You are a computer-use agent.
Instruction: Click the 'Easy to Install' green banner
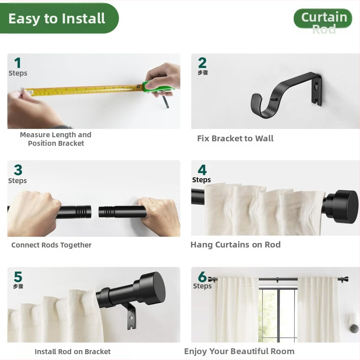59,18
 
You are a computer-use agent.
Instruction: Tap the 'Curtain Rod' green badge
323,19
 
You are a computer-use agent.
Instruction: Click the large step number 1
18,63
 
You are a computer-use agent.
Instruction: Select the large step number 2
202,63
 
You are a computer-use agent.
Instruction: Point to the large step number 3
18,170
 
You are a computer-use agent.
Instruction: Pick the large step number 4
202,170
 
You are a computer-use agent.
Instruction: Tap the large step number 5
18,277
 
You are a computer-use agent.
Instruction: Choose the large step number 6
202,277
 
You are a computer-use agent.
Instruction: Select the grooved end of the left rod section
84,211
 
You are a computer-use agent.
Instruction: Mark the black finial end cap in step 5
152,288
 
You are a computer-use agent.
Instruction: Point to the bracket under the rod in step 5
130,316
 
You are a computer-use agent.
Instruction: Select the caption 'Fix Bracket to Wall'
235,139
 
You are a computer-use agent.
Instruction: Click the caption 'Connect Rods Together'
51,245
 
